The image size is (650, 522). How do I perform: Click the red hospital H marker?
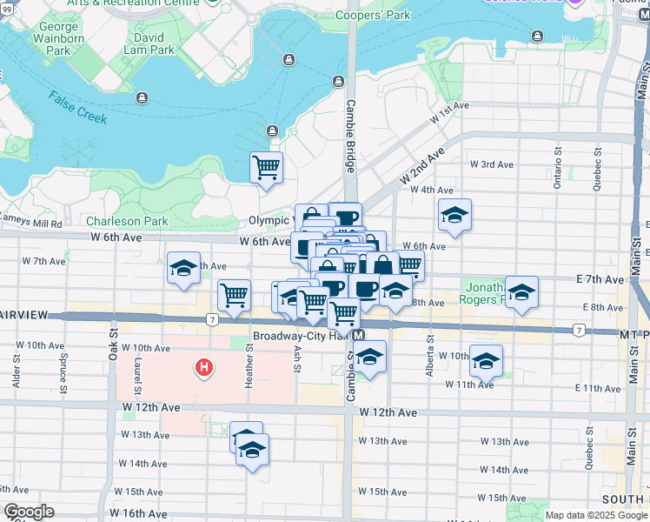click(x=203, y=369)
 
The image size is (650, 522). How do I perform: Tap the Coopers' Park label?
click(x=373, y=16)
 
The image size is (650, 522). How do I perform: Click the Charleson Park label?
click(x=127, y=221)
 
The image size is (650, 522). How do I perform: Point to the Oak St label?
click(x=113, y=348)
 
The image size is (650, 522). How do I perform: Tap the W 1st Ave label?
click(x=450, y=106)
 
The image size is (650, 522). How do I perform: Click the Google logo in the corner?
click(x=30, y=512)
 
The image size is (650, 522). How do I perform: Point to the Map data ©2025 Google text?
click(x=595, y=515)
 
